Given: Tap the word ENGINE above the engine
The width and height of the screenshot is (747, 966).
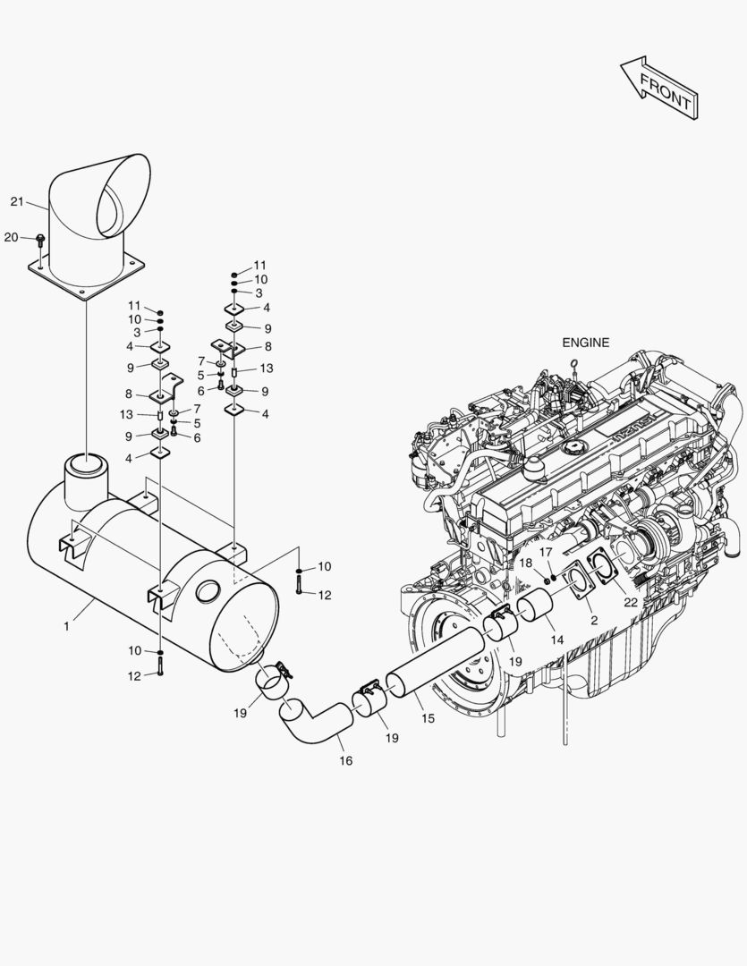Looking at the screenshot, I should point(585,342).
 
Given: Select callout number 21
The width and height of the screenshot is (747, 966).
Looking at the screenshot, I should point(16,201).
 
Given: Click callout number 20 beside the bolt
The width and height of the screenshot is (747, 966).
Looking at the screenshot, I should point(11,237).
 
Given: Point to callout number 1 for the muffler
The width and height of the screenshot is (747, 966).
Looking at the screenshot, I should point(66,626).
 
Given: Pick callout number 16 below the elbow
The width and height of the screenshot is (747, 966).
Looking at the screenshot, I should point(345,760).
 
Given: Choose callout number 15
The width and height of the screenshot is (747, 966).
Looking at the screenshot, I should point(428,718).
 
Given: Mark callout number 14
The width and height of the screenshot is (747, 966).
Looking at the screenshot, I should point(556,640).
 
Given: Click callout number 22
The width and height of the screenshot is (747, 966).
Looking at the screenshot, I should point(631,602).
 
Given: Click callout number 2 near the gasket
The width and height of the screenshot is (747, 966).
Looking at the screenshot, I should point(593,619).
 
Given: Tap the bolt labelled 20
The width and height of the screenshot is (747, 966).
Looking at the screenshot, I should point(40,239).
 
